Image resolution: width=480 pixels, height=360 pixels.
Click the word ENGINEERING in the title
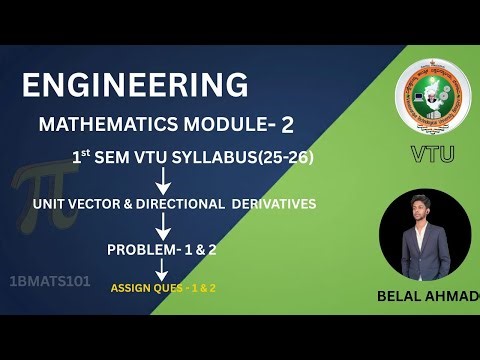pos(135,85)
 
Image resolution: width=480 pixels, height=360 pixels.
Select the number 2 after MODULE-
pos(287,124)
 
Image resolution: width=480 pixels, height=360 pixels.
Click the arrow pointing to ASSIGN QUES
pos(161,270)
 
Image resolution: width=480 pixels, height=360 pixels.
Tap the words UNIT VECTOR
pos(74,204)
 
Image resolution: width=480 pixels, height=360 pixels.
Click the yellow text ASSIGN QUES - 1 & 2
pos(164,287)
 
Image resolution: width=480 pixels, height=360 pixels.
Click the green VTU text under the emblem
pos(432,153)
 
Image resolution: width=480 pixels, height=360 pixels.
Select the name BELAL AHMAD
pos(427,297)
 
